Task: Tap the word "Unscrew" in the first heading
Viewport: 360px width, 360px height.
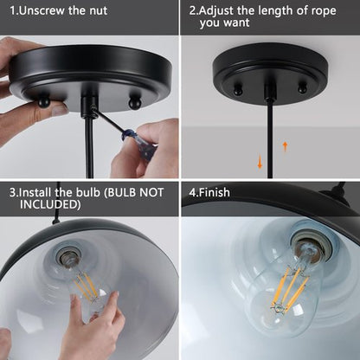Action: [x=48, y=13]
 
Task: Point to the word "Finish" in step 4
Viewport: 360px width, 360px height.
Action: [x=215, y=192]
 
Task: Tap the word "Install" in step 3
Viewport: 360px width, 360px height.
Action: [x=41, y=192]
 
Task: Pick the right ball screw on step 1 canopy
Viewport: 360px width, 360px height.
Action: [x=134, y=103]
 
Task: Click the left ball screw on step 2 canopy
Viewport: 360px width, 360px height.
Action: [x=238, y=89]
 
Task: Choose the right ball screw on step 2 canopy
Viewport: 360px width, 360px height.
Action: [x=302, y=87]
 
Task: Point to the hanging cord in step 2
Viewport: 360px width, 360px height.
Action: [x=271, y=138]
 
